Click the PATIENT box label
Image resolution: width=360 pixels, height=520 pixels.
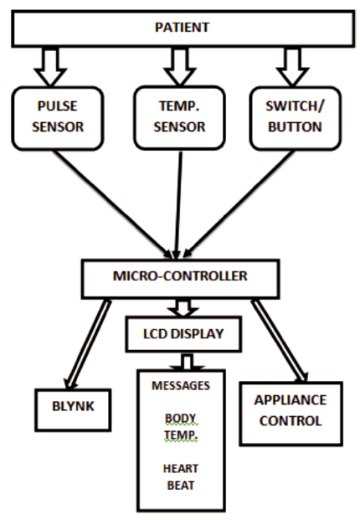point(182,27)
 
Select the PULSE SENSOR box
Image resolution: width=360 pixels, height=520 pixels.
point(58,118)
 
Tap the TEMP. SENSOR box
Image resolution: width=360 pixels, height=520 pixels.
point(180,118)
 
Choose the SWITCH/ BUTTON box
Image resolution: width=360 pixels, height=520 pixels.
point(295,118)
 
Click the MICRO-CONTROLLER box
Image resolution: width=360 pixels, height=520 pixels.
point(180,279)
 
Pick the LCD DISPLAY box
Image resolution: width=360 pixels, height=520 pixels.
point(183,334)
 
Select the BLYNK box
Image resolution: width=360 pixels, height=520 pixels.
point(73,410)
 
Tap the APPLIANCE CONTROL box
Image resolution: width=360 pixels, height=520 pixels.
point(291,414)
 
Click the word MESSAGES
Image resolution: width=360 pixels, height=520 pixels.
point(181,385)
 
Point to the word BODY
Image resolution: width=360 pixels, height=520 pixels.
point(181,418)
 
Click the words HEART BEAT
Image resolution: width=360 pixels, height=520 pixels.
point(181,477)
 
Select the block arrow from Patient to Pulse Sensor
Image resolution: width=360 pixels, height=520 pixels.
point(50,67)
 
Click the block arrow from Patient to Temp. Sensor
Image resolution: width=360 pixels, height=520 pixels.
point(180,66)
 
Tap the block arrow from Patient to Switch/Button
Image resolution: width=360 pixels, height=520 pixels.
point(292,67)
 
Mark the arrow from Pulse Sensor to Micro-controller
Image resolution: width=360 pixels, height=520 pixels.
point(113,204)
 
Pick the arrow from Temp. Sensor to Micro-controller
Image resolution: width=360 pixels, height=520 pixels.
point(178,205)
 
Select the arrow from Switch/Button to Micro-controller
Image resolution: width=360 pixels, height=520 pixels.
point(239,204)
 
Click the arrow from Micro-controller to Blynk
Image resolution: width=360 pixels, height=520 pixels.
point(88,344)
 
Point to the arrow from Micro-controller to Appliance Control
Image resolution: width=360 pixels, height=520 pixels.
point(280,341)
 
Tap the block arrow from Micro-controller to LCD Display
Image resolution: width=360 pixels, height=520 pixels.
point(183,308)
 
